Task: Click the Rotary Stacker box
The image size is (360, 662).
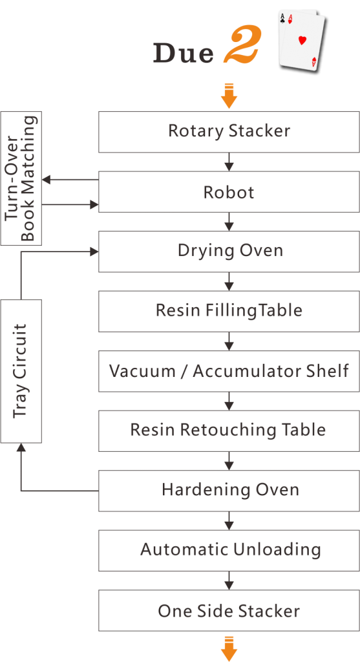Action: [229, 132]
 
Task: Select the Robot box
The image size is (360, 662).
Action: [229, 191]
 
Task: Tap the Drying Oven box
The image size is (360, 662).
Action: [229, 251]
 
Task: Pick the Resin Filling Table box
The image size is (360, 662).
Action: [229, 311]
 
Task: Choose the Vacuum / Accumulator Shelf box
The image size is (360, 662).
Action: [229, 371]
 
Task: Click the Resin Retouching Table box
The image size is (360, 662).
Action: [229, 431]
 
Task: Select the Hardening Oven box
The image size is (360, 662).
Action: [229, 491]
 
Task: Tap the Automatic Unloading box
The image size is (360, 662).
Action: [229, 551]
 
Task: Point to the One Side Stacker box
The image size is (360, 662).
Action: [229, 610]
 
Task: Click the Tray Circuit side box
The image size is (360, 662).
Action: [21, 371]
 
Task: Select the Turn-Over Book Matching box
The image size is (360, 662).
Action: [21, 178]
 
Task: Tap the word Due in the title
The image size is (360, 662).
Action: [184, 53]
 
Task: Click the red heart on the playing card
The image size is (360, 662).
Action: [302, 41]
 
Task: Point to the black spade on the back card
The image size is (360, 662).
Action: [282, 19]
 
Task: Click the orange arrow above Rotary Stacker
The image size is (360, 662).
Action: [229, 96]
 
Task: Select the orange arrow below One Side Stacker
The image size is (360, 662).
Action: [229, 648]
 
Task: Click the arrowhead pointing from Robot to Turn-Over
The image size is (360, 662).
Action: [46, 180]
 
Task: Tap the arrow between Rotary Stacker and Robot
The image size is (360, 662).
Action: [229, 162]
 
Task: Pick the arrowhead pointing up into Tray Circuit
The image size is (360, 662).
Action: [21, 447]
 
